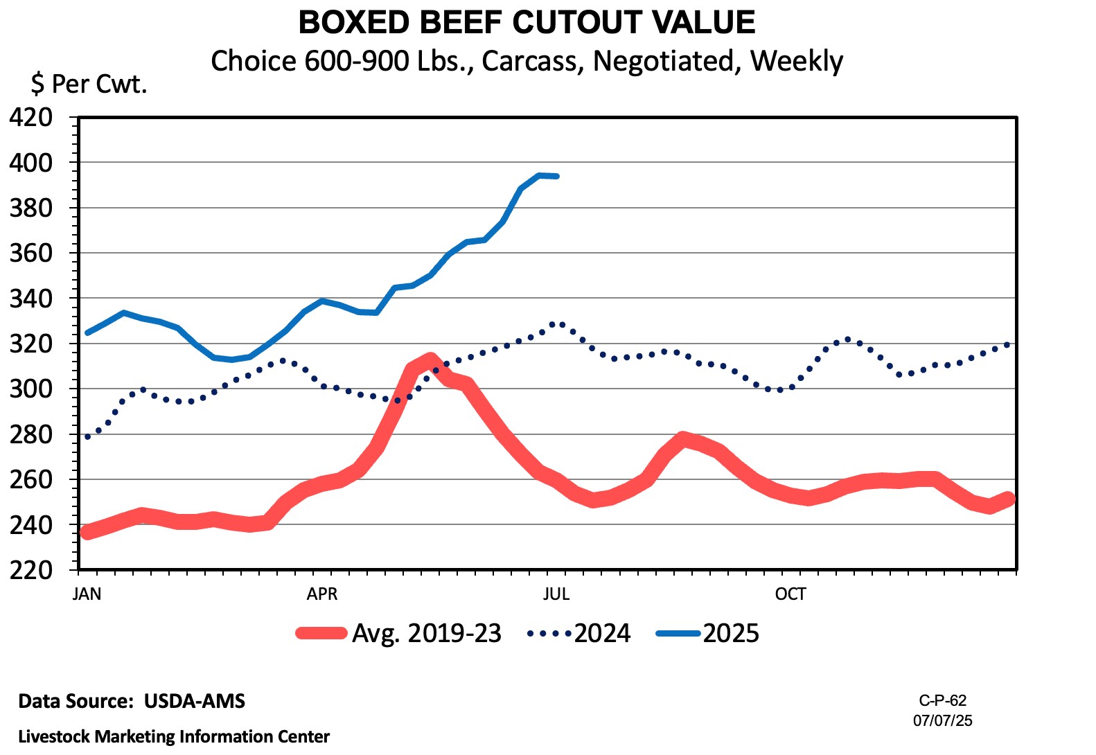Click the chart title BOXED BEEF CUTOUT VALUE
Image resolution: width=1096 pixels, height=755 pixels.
tap(527, 22)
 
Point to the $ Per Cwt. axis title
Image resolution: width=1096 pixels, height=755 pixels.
tap(89, 85)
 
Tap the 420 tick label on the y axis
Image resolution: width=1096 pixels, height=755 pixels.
tap(30, 117)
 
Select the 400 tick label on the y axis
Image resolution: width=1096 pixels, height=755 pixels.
tap(30, 163)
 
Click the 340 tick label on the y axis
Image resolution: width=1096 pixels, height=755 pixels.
tap(30, 299)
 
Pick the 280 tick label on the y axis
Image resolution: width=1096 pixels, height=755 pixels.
tap(30, 434)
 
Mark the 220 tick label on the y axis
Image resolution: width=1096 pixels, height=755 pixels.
tap(30, 570)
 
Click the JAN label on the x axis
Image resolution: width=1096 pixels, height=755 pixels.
tap(87, 594)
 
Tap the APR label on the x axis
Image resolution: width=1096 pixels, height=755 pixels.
tap(322, 594)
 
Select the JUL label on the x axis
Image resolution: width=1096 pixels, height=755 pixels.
tap(556, 594)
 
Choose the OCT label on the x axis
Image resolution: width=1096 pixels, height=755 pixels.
tap(790, 594)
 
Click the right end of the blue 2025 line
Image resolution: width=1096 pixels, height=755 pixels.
tap(556, 177)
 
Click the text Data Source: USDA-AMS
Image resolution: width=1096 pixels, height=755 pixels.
tap(132, 701)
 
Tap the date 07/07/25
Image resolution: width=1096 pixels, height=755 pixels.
tap(942, 720)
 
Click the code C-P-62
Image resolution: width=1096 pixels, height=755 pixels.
tap(942, 700)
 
